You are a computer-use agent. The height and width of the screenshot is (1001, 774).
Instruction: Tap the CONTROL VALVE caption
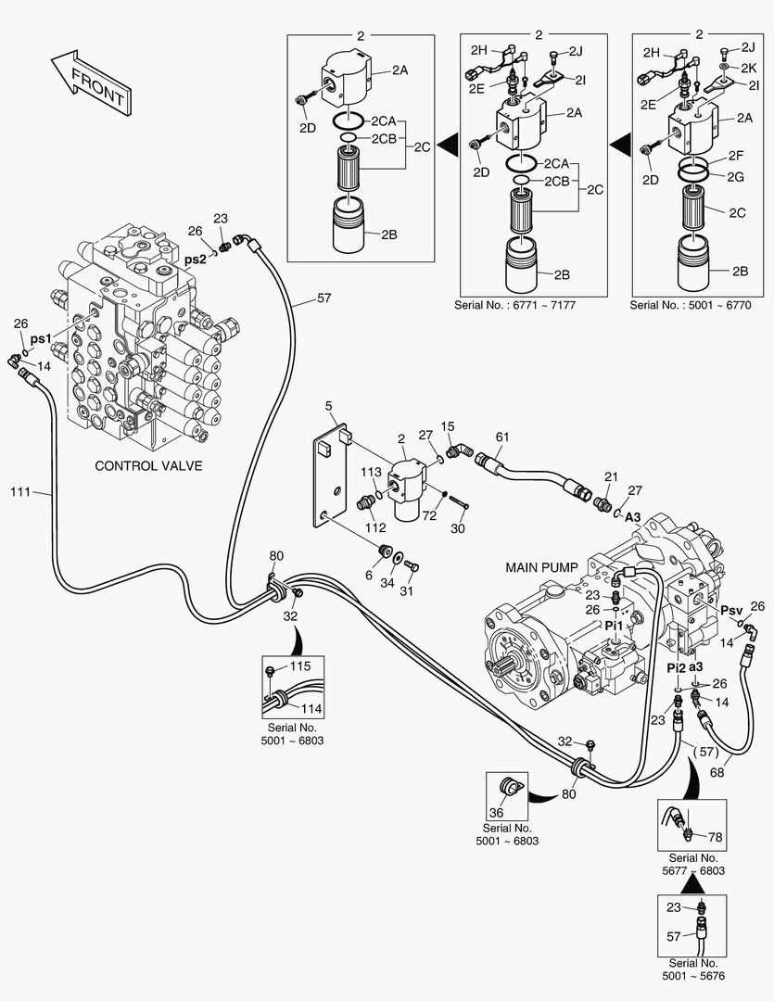(x=148, y=465)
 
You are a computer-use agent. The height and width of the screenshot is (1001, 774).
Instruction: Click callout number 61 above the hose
(x=502, y=437)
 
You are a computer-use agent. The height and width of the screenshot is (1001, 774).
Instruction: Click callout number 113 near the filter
(x=371, y=472)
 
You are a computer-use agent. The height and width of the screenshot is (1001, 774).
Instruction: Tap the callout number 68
(x=717, y=772)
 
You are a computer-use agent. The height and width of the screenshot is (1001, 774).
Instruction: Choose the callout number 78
(x=715, y=838)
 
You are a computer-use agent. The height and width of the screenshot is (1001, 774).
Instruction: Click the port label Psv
(x=732, y=610)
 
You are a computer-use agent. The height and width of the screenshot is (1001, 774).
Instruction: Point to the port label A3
(x=633, y=516)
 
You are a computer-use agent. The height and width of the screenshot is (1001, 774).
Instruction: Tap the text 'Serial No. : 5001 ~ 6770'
(x=691, y=304)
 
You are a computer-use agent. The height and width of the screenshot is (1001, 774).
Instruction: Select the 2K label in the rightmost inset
(x=748, y=68)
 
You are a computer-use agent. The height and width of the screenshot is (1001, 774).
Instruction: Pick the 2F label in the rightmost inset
(x=737, y=156)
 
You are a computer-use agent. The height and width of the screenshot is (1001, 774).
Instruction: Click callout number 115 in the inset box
(x=299, y=666)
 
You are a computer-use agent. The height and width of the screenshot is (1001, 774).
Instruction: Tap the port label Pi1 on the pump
(x=614, y=626)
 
